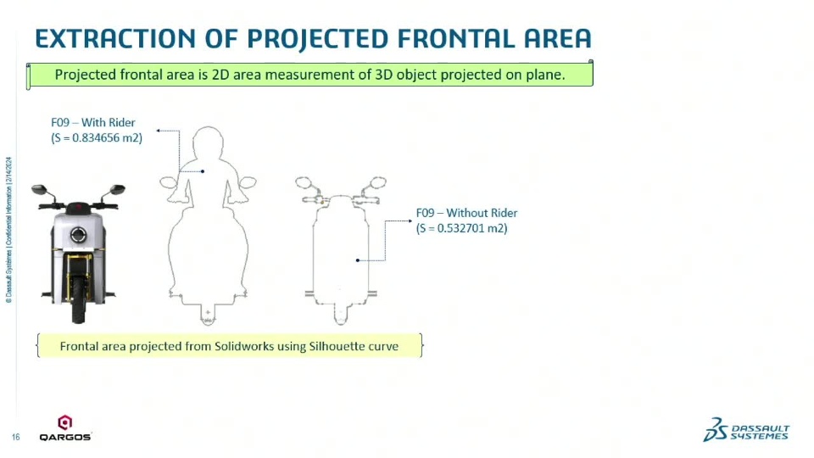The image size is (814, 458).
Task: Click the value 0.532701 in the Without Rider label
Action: (461, 228)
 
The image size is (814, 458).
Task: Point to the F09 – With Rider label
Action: (93, 122)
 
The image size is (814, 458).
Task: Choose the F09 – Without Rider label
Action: (466, 213)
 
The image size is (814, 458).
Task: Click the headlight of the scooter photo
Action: (78, 235)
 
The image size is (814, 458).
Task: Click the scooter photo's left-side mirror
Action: (39, 189)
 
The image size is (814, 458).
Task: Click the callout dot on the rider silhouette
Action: (203, 171)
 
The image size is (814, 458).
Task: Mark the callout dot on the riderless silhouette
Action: (358, 260)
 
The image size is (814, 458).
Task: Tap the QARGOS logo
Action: (65, 428)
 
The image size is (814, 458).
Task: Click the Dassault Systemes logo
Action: (746, 430)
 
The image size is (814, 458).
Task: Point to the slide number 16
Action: (15, 438)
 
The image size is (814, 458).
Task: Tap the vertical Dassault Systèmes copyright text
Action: (8, 230)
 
